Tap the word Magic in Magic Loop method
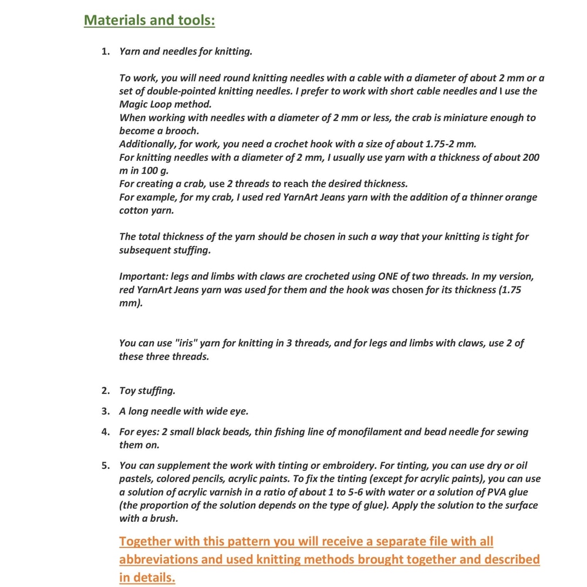coord(133,104)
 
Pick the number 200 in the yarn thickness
coord(529,157)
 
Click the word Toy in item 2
coord(127,390)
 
